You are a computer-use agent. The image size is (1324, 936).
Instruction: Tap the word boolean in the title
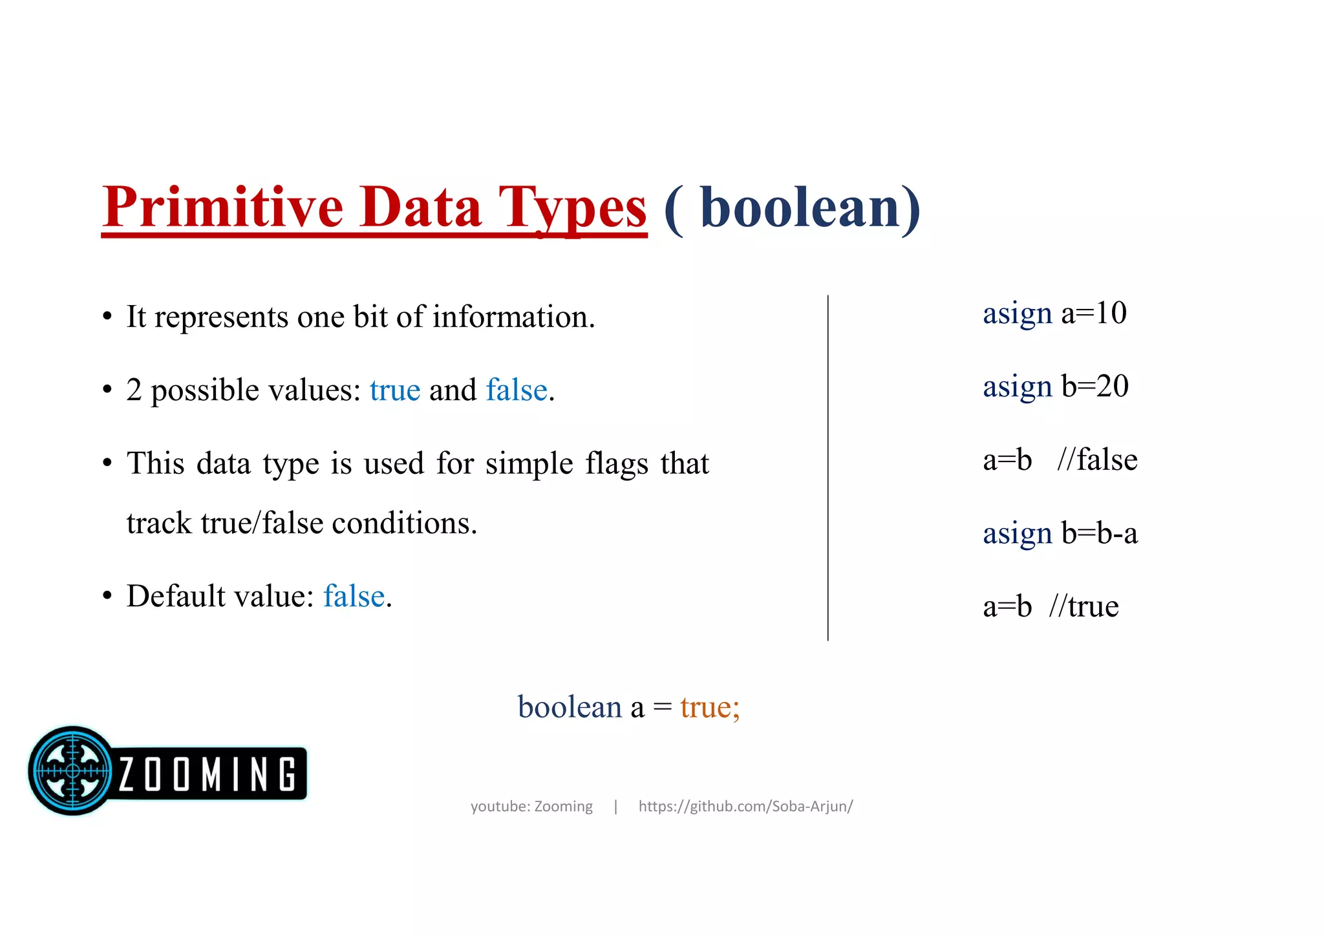point(800,208)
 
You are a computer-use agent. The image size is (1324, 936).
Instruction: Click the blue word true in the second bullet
point(394,390)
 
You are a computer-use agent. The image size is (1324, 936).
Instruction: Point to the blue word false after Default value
point(354,596)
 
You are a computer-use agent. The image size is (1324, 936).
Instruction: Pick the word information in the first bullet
point(513,317)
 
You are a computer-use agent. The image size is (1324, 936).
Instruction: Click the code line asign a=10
point(1054,314)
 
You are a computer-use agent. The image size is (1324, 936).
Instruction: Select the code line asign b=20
point(1055,387)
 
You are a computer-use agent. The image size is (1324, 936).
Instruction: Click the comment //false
point(1097,460)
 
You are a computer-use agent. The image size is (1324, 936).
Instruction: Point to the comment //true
point(1084,607)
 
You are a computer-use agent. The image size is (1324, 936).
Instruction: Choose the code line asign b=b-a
point(1060,534)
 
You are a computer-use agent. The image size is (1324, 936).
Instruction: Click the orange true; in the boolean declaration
point(710,707)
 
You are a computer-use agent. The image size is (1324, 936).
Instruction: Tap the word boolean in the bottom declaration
point(570,707)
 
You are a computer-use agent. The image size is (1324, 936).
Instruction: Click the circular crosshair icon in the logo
point(72,771)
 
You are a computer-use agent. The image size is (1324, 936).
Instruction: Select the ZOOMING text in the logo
point(208,774)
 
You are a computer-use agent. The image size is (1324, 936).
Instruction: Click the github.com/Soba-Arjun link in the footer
point(745,807)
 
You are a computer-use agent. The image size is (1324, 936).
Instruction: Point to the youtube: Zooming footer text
point(531,807)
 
